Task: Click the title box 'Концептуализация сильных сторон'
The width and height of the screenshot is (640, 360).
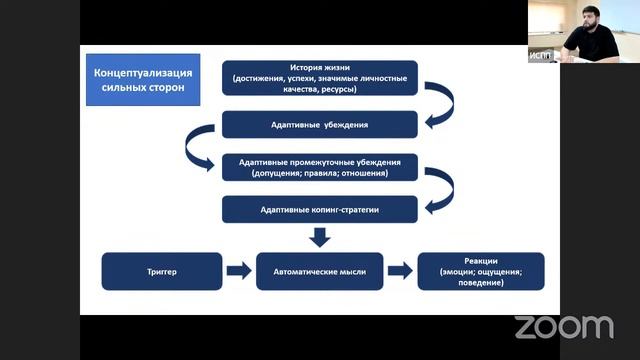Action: coord(143,80)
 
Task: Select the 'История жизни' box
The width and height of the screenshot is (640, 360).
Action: coord(320,78)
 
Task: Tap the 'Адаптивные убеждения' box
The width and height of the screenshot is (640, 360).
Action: coord(320,124)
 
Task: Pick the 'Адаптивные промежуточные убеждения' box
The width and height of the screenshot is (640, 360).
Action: coord(320,167)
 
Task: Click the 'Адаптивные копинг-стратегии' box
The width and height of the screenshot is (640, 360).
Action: coord(320,209)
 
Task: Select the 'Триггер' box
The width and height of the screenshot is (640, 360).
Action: coord(162,271)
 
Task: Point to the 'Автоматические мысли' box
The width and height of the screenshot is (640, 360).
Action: coord(320,271)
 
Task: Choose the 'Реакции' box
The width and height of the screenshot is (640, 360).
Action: coord(481,271)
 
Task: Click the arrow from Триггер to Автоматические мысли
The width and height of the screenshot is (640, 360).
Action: coord(239,271)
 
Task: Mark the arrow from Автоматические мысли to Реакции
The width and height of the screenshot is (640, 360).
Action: coord(400,271)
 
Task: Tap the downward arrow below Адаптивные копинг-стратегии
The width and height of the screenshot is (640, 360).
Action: coord(320,238)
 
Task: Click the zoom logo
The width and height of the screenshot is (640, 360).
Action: coord(564,327)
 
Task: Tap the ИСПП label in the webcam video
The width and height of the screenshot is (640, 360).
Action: coord(540,56)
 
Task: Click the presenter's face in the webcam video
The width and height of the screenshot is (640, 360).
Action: coord(591,19)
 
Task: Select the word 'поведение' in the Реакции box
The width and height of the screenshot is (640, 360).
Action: coord(480,282)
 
